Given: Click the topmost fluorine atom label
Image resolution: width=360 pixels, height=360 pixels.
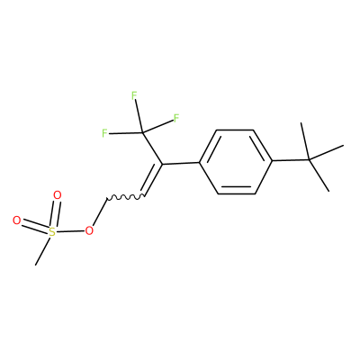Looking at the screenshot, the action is pyautogui.click(x=134, y=95).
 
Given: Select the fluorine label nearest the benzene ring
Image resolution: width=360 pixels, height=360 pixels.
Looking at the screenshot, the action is pyautogui.click(x=176, y=118).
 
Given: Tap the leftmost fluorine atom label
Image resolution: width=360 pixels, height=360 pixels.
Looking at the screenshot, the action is pyautogui.click(x=104, y=133).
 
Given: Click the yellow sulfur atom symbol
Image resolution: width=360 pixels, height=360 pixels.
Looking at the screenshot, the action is pyautogui.click(x=52, y=232).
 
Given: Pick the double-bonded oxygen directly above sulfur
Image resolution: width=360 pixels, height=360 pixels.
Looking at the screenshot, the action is pyautogui.click(x=58, y=195).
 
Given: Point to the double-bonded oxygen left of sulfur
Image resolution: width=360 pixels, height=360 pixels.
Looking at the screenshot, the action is pyautogui.click(x=17, y=220).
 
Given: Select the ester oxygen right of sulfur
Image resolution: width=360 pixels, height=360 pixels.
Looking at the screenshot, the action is pyautogui.click(x=89, y=230).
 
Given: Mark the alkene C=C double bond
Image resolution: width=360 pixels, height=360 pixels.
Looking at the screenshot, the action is pyautogui.click(x=152, y=180).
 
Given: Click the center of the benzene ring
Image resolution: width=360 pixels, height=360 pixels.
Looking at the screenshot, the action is pyautogui.click(x=236, y=162).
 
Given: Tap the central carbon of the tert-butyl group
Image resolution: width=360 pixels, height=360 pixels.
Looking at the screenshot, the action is pyautogui.click(x=310, y=160).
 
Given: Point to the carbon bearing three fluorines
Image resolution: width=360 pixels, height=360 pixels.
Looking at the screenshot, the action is pyautogui.click(x=143, y=132).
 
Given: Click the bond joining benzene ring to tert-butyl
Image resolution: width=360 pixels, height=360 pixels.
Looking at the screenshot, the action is pyautogui.click(x=291, y=160).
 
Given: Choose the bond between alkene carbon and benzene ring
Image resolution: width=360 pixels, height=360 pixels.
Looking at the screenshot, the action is pyautogui.click(x=181, y=164).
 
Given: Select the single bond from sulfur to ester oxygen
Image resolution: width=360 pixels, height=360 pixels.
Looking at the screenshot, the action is pyautogui.click(x=70, y=231).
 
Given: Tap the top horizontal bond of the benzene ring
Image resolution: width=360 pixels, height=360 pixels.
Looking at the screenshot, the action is pyautogui.click(x=236, y=130).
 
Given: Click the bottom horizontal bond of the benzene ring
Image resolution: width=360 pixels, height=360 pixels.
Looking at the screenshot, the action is pyautogui.click(x=237, y=193).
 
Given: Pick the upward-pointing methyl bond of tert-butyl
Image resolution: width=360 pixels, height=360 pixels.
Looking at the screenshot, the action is pyautogui.click(x=305, y=141).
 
